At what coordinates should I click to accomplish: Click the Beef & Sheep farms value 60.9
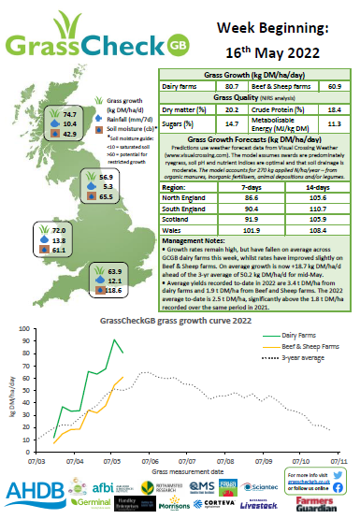pyautogui.click(x=326, y=84)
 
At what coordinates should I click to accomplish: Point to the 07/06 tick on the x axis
pyautogui.click(x=148, y=460)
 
